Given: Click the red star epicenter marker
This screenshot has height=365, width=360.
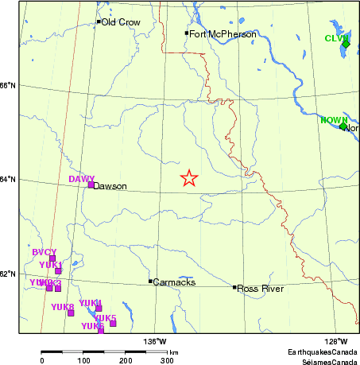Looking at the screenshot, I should click(189, 178).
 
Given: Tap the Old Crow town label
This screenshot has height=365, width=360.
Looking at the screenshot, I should click(120, 22).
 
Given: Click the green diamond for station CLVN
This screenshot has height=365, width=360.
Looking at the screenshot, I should click(346, 45).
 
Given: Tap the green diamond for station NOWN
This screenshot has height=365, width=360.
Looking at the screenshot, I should click(343, 126).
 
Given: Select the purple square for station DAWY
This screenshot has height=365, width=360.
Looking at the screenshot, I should click(91, 184).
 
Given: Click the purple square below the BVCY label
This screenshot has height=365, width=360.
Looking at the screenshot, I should click(52, 258).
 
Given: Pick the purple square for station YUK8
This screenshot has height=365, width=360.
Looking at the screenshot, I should click(71, 313).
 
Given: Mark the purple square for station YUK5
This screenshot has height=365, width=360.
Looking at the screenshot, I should click(113, 323).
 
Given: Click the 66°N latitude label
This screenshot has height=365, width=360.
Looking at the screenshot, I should click(8, 86).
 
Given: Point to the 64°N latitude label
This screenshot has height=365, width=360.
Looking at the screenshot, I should click(8, 180).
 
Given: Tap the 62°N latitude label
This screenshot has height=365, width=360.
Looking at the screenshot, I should click(8, 274).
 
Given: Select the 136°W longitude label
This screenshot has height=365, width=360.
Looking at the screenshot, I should click(155, 343).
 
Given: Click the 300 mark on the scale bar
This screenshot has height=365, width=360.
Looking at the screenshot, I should click(168, 360).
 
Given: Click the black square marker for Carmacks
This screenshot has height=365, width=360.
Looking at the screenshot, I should click(150, 281).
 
